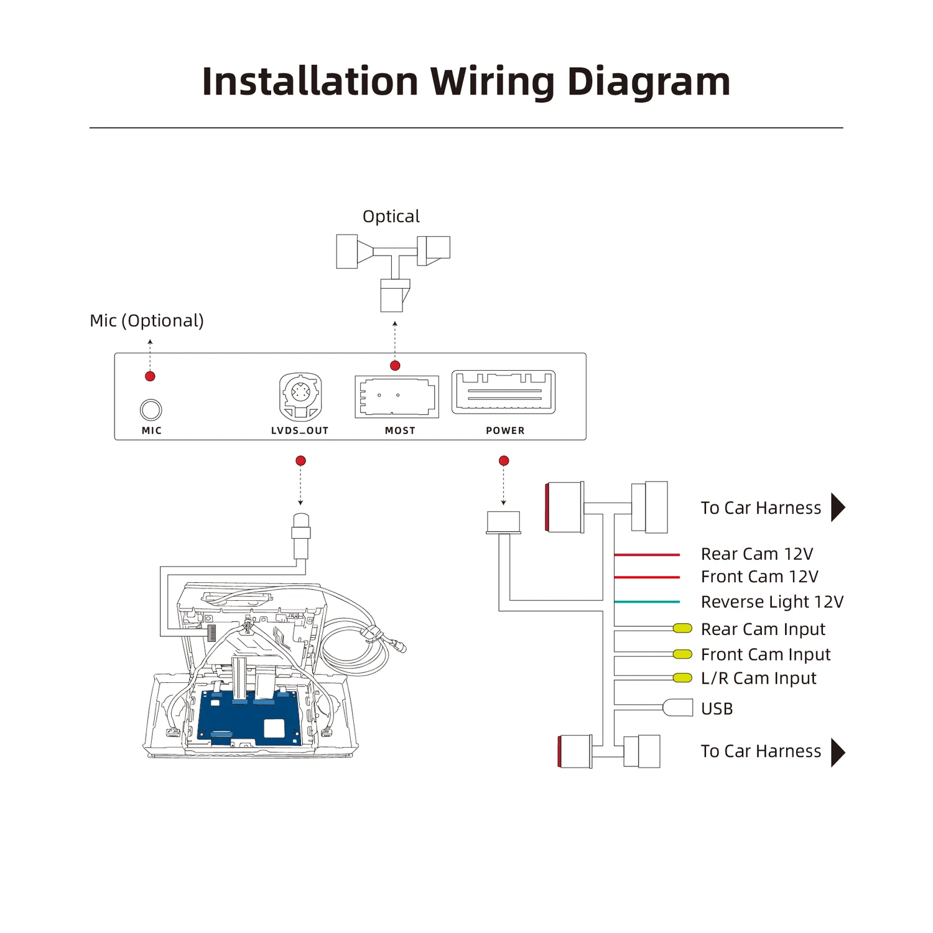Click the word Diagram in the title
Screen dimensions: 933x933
click(649, 82)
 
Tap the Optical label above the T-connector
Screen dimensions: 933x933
click(391, 216)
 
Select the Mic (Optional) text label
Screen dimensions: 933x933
click(147, 320)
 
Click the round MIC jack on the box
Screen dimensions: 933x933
click(151, 410)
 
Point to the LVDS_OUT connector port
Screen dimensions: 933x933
click(300, 396)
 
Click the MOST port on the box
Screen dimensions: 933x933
click(397, 396)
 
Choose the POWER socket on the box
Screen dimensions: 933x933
click(504, 392)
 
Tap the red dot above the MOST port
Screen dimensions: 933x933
click(395, 366)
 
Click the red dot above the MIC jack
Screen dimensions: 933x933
click(150, 376)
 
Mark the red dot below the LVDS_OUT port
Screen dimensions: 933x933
click(300, 461)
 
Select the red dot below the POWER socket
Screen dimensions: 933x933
click(504, 461)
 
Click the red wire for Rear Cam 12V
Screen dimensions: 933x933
click(647, 554)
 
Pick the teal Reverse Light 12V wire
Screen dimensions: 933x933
click(647, 601)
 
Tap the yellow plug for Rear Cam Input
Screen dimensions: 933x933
click(682, 628)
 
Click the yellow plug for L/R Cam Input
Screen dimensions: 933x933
click(682, 677)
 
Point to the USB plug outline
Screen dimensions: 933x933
click(678, 707)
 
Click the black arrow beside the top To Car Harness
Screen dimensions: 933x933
click(838, 508)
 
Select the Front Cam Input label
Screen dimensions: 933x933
click(765, 654)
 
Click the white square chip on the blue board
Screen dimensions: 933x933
click(274, 728)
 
